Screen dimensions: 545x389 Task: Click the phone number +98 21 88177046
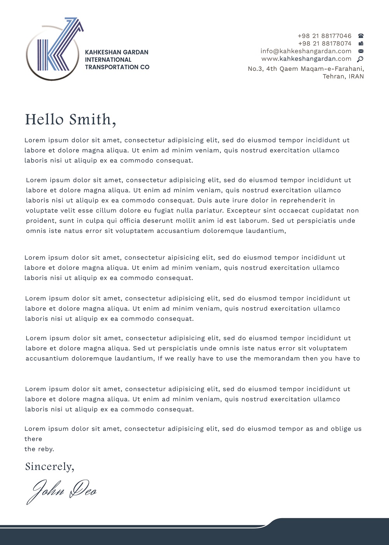324,36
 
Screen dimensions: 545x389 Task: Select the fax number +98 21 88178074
324,44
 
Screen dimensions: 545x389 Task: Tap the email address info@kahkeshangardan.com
306,51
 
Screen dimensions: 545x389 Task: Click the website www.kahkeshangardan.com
306,59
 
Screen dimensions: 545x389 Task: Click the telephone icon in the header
361,36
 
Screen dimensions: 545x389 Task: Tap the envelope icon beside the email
361,51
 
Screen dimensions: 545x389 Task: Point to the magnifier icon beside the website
360,59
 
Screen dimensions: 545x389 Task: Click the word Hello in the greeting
44,120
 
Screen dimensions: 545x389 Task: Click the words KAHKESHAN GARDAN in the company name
117,52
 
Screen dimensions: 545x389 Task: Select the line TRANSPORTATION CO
117,67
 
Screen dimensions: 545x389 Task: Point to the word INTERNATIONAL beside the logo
108,59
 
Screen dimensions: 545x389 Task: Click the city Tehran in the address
333,76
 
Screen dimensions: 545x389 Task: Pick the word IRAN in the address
356,76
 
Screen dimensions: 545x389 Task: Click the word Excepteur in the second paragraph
244,210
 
